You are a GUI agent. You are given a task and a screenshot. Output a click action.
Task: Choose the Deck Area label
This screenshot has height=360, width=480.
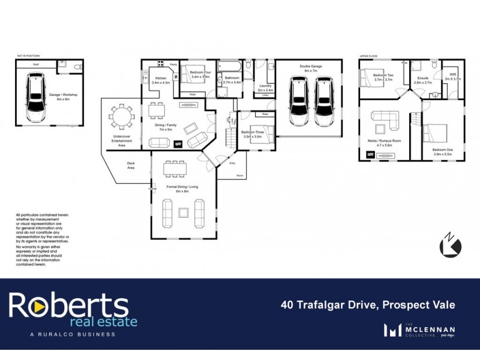pyautogui.click(x=130, y=165)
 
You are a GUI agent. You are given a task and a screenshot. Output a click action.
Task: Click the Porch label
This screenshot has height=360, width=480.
pyautogui.click(x=239, y=176)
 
